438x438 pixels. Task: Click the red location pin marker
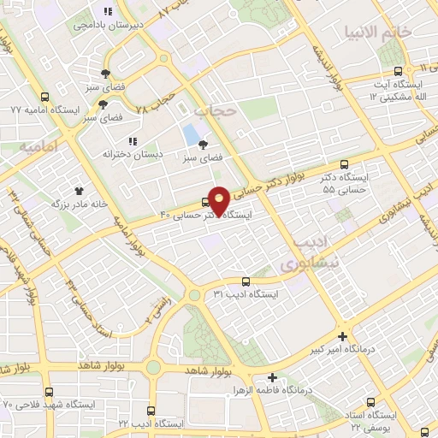coord(219,200)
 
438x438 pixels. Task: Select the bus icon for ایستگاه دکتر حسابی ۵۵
coord(345,163)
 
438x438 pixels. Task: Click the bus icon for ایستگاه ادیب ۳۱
coord(246,281)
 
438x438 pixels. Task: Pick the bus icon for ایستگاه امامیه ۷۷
coord(44,98)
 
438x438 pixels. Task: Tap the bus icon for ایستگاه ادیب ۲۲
coord(151,411)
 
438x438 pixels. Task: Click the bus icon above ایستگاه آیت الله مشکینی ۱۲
coord(398,71)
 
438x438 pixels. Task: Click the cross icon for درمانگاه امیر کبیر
coord(343,336)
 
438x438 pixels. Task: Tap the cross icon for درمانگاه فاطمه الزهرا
coord(272,376)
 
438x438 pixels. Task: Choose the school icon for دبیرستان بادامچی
coord(107,12)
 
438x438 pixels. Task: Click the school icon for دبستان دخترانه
coord(132,141)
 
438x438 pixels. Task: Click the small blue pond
coord(187,134)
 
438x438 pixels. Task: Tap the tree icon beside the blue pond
coord(204,145)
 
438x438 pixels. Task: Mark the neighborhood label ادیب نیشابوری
coord(309,253)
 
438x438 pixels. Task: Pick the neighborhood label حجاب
coord(213,111)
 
